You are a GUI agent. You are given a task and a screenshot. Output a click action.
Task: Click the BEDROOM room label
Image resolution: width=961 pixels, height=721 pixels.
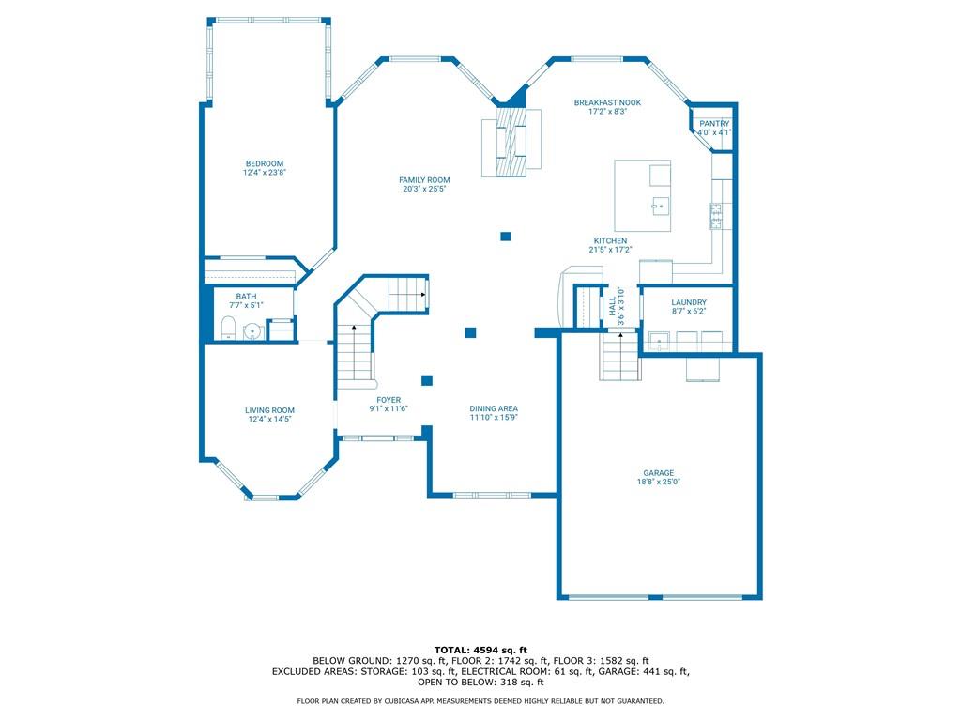point(264,163)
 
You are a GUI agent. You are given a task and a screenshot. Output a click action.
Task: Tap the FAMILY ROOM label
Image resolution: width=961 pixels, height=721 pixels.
point(424,180)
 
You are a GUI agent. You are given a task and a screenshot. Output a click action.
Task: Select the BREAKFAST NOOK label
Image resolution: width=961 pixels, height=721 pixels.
point(607,103)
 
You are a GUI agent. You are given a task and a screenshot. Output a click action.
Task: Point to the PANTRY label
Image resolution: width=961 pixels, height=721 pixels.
point(714,124)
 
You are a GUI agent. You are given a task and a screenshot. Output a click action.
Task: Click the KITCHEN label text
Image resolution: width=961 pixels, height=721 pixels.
point(610,241)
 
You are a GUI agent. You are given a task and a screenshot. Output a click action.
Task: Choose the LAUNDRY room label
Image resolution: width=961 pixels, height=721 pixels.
point(689,303)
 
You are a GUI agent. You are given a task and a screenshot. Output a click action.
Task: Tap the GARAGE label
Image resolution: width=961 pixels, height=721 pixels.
point(658,473)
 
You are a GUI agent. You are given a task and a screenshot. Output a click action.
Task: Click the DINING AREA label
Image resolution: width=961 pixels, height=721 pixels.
point(494,409)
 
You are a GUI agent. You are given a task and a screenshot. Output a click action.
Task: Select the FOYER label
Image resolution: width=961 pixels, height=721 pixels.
point(389,400)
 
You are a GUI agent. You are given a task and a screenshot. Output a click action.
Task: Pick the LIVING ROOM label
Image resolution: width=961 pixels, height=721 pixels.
point(269,411)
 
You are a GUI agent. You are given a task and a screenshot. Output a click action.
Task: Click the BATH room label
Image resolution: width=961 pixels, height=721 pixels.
point(247,297)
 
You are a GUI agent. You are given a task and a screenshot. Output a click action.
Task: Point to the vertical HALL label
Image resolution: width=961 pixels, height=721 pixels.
point(612,307)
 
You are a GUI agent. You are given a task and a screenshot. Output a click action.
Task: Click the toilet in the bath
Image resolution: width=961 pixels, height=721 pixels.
point(228,329)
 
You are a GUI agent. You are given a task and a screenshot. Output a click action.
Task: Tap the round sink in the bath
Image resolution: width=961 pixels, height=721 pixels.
point(252,331)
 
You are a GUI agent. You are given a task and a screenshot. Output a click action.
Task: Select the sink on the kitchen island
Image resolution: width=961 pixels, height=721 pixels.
point(660,206)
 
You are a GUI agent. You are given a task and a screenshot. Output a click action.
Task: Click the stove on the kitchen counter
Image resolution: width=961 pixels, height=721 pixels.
point(716,216)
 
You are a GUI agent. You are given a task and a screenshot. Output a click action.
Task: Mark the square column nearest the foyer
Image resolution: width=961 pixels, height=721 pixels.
point(427,381)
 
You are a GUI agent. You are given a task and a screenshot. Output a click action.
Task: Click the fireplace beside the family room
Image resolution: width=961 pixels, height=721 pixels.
point(511,143)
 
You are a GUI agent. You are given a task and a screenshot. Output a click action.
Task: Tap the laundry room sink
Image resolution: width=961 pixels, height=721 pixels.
point(659,341)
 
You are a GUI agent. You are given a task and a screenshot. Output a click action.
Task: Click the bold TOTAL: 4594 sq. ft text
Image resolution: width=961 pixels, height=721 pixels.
point(480,650)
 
